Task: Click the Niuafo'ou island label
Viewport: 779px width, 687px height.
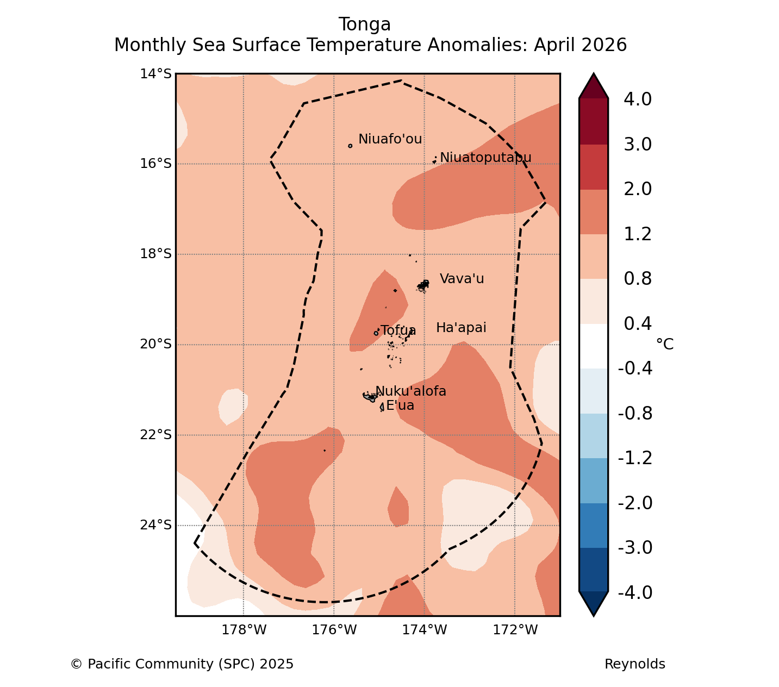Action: click(x=390, y=139)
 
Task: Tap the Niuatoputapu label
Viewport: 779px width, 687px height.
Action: click(x=485, y=158)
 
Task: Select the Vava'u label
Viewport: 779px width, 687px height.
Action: click(x=462, y=279)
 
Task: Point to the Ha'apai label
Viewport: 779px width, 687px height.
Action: click(x=461, y=328)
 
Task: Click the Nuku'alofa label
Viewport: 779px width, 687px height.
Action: click(x=410, y=391)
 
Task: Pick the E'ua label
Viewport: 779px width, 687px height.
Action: click(x=400, y=405)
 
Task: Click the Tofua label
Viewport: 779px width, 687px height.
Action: click(x=398, y=330)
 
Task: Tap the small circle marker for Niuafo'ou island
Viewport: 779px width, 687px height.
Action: click(x=350, y=146)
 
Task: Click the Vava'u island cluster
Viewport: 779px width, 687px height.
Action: click(x=423, y=286)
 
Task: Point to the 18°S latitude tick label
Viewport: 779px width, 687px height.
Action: click(x=155, y=254)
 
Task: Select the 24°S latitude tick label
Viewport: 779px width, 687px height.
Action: click(x=155, y=525)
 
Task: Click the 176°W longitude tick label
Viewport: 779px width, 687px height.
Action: click(x=334, y=630)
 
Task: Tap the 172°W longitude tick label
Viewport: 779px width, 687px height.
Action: click(x=515, y=630)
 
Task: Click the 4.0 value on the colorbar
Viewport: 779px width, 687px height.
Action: click(x=638, y=99)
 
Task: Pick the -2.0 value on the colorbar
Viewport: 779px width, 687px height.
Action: click(x=635, y=503)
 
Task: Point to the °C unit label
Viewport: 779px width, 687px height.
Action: click(x=664, y=344)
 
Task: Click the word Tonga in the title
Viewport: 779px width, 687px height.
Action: click(x=365, y=24)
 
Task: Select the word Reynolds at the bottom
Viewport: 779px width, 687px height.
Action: click(x=634, y=664)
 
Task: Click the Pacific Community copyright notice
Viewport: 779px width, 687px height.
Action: click(x=182, y=664)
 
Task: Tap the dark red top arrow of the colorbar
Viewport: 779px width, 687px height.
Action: click(x=593, y=86)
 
